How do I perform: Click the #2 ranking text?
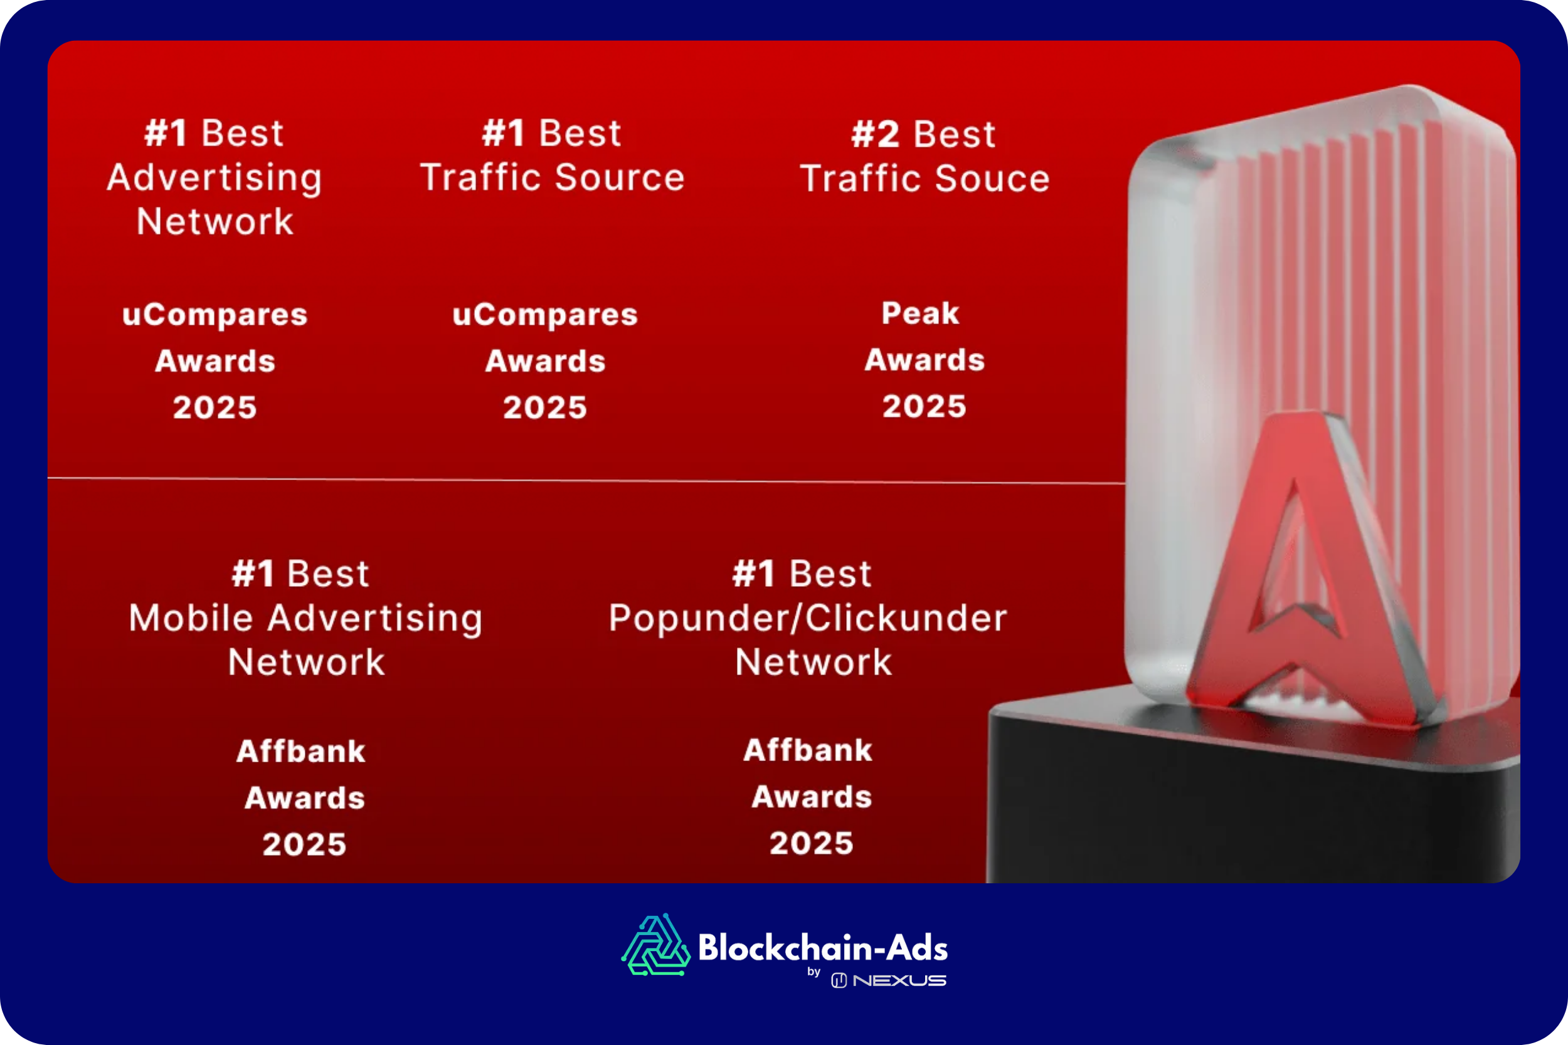click(x=876, y=135)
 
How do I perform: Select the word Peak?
click(x=920, y=313)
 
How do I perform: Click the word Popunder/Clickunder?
click(x=807, y=618)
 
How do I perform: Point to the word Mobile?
click(x=191, y=618)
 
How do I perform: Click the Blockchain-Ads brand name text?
click(x=823, y=947)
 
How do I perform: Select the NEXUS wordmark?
click(x=899, y=980)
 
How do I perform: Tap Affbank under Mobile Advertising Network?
click(x=300, y=751)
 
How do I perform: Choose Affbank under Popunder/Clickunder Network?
click(x=808, y=750)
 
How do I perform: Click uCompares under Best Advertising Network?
click(x=215, y=315)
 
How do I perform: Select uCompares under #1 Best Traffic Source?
click(x=544, y=315)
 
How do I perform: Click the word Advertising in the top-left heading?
click(x=215, y=179)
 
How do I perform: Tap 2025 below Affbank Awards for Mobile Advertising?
click(x=305, y=844)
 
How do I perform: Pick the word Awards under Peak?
click(x=924, y=360)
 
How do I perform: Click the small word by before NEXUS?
click(x=814, y=972)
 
